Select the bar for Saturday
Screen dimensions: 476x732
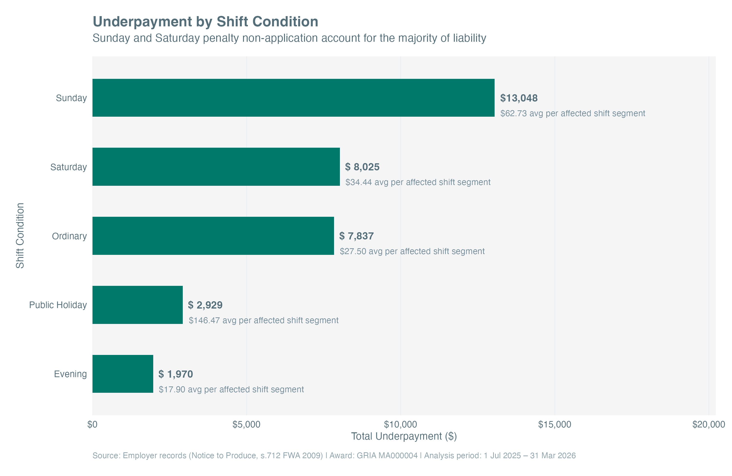pos(216,166)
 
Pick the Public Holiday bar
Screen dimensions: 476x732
pos(137,305)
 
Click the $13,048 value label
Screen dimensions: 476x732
pos(518,98)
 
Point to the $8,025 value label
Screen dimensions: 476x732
pos(362,167)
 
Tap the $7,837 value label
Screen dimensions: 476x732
pos(356,236)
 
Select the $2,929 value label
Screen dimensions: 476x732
pos(205,305)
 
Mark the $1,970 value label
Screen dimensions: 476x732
pos(176,374)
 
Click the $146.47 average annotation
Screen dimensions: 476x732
pos(263,320)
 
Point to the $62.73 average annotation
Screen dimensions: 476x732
pos(572,113)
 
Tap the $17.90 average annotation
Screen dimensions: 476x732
pos(231,389)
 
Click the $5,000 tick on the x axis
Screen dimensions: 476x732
pos(246,424)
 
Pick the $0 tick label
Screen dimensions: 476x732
pos(92,424)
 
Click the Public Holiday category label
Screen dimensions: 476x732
pos(58,305)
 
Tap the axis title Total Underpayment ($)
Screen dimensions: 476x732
pos(404,436)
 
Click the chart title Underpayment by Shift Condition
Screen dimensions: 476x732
pos(205,21)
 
